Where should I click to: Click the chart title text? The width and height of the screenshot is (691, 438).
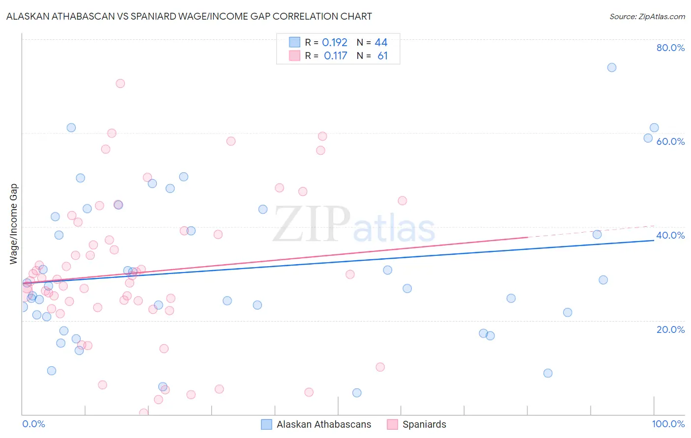pyautogui.click(x=189, y=16)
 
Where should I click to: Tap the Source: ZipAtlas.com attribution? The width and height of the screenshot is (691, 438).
pyautogui.click(x=647, y=16)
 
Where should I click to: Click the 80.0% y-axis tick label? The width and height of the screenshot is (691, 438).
pyautogui.click(x=670, y=48)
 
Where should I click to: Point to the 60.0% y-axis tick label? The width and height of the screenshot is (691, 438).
pyautogui.click(x=670, y=141)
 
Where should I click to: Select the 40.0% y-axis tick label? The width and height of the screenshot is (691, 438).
pyautogui.click(x=670, y=235)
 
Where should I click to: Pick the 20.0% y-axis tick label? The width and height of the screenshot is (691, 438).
pyautogui.click(x=670, y=329)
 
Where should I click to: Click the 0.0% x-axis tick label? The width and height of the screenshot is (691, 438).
pyautogui.click(x=33, y=424)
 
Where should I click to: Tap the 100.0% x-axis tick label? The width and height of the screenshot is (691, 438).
pyautogui.click(x=668, y=424)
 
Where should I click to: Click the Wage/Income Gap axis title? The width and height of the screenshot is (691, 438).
pyautogui.click(x=14, y=224)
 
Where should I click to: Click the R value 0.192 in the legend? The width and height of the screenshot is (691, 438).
pyautogui.click(x=335, y=42)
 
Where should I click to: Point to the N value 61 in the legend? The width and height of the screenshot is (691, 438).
pyautogui.click(x=382, y=55)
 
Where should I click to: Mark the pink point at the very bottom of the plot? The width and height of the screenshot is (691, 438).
pyautogui.click(x=144, y=413)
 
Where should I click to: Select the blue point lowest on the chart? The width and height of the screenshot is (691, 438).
pyautogui.click(x=357, y=392)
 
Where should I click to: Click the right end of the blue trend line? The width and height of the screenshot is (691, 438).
pyautogui.click(x=654, y=240)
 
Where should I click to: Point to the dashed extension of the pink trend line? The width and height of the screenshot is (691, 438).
pyautogui.click(x=590, y=231)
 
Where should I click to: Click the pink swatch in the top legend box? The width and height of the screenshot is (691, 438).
pyautogui.click(x=294, y=55)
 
